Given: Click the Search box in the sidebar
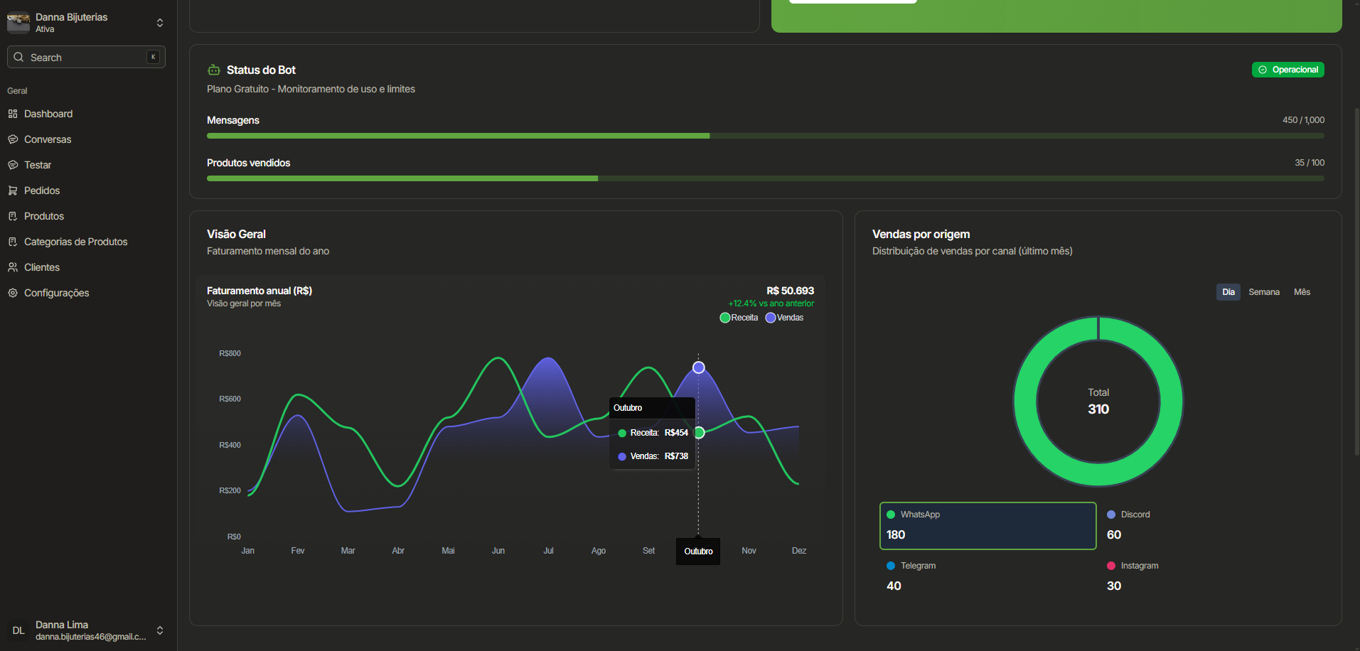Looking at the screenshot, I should [x=85, y=58].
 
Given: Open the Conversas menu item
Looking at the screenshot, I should [x=48, y=139].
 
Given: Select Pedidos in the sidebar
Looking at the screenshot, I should [x=42, y=190].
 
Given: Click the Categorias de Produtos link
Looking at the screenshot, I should [x=75, y=242].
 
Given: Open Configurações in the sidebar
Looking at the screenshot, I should [x=56, y=293].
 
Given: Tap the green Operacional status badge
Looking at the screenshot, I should [x=1287, y=70].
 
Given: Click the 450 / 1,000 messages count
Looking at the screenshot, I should [x=1303, y=120].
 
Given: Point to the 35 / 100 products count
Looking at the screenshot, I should [x=1309, y=163].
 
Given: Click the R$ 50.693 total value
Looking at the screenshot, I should [x=790, y=291].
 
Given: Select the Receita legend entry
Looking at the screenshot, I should [x=739, y=318].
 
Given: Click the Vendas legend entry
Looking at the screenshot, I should [x=785, y=318].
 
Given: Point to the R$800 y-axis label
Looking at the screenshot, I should [x=230, y=353].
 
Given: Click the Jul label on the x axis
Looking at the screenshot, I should [x=548, y=551].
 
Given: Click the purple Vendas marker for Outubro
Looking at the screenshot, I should [x=699, y=367].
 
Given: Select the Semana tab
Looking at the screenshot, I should [x=1263, y=292].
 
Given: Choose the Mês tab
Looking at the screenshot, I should [x=1302, y=292].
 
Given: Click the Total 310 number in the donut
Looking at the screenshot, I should [x=1098, y=409].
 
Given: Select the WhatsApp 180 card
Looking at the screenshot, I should [x=987, y=526].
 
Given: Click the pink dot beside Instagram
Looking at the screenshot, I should [x=1111, y=566].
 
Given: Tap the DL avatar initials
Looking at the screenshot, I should [x=18, y=630].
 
